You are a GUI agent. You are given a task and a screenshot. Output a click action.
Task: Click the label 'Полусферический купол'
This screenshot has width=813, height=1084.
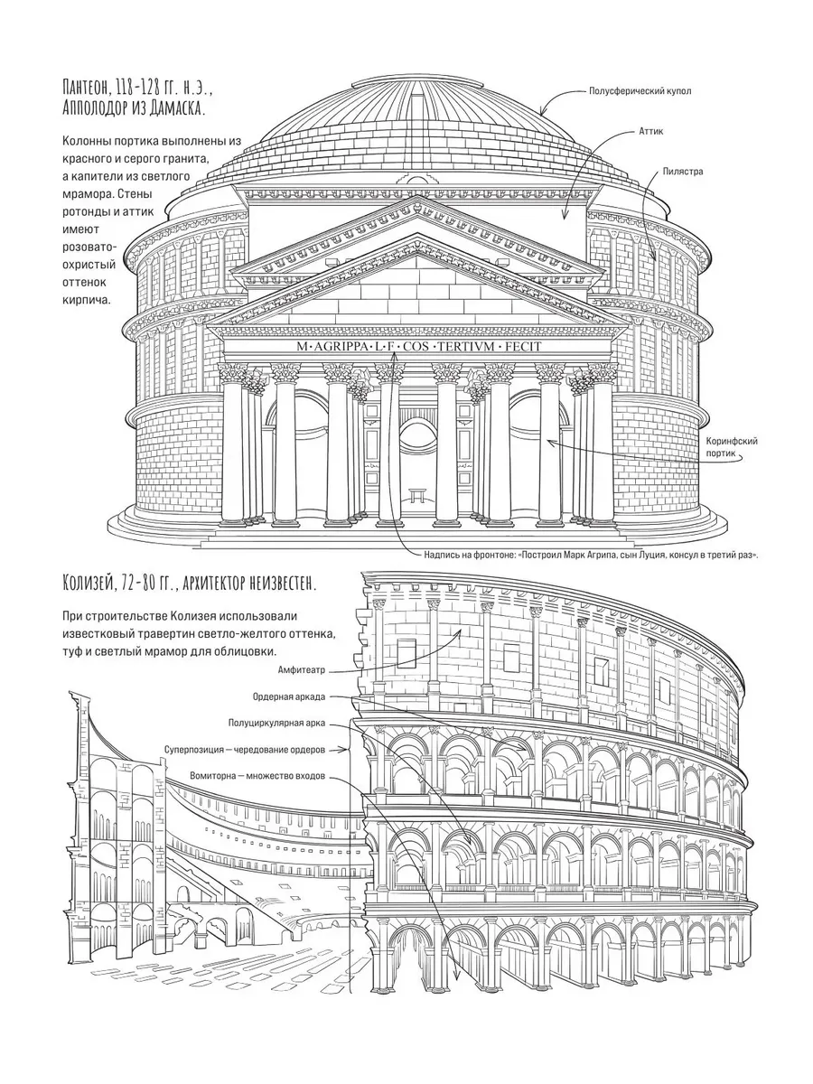click(640, 91)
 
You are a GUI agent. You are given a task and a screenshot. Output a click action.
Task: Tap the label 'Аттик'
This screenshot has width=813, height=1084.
click(651, 131)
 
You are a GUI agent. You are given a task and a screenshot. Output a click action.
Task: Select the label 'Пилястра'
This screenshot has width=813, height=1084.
click(683, 172)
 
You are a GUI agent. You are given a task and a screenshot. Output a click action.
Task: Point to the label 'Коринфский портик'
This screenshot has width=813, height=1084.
click(732, 447)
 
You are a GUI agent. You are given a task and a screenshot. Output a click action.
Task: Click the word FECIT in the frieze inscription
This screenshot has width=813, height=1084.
click(523, 347)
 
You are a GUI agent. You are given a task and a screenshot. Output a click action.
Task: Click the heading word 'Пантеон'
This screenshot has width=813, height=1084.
click(87, 88)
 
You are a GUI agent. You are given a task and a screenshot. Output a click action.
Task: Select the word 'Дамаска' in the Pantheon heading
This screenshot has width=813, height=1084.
click(178, 108)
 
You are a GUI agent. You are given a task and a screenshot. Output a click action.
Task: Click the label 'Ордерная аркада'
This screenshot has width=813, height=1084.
click(289, 697)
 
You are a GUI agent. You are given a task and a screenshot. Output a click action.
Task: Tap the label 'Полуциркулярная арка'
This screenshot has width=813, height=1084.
click(277, 724)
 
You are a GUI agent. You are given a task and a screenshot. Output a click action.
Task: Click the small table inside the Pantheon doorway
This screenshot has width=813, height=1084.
click(417, 494)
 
